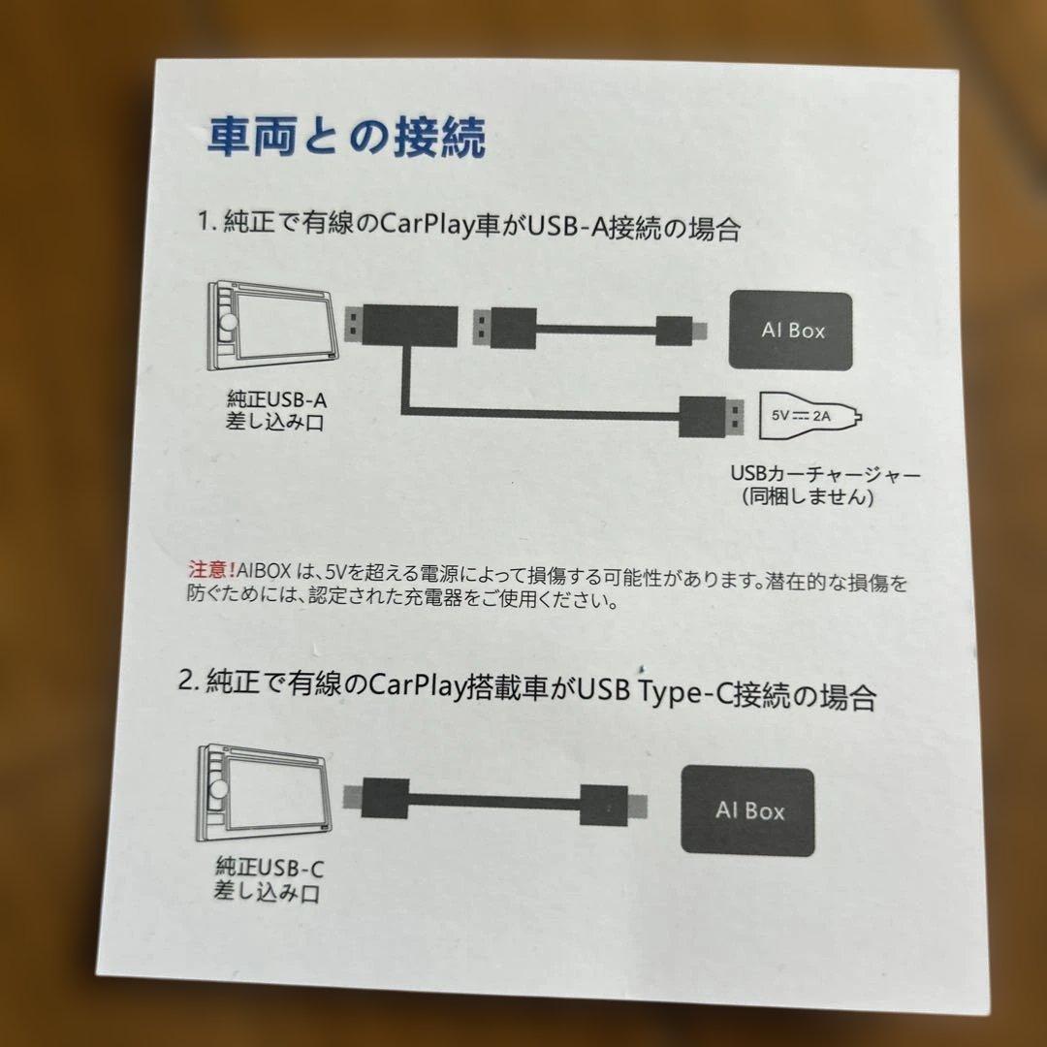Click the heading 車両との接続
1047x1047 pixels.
pos(345,138)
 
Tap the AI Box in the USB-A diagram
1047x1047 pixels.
pos(791,331)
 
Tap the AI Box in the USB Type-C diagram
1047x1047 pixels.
pos(748,810)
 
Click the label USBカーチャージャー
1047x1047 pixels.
pos(823,475)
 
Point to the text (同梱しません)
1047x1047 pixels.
pos(809,497)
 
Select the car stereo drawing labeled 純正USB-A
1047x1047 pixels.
pos(272,329)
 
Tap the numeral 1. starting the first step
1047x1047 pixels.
pos(205,225)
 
